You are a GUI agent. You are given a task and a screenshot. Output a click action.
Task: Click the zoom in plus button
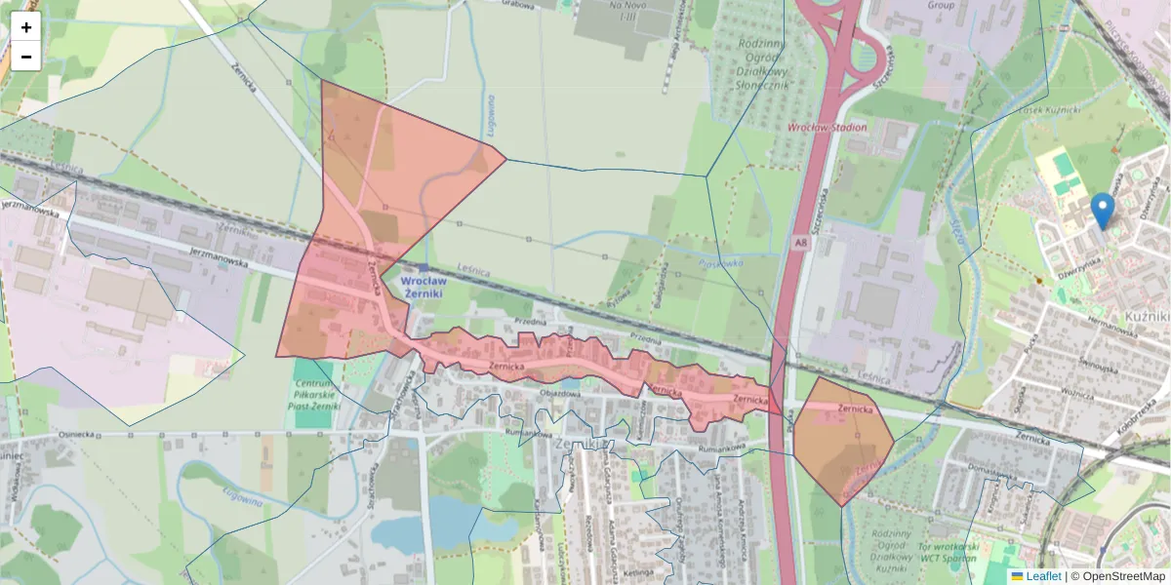pyautogui.click(x=26, y=27)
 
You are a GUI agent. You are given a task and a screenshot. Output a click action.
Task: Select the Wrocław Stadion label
pyautogui.click(x=828, y=128)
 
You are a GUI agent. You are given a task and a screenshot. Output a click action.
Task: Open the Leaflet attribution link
pyautogui.click(x=1043, y=576)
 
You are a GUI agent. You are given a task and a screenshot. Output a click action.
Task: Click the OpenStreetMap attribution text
pyautogui.click(x=1117, y=576)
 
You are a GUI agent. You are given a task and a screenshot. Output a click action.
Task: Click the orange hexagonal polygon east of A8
pyautogui.click(x=841, y=439)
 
